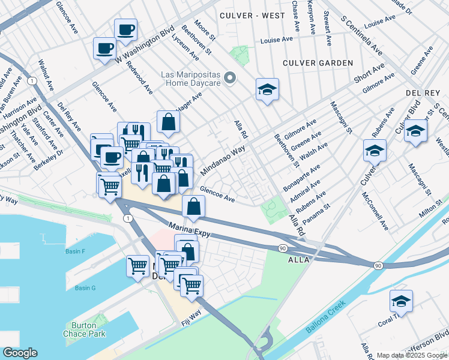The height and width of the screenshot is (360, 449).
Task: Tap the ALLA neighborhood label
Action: click(x=298, y=260)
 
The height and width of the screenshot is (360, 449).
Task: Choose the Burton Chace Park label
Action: click(x=79, y=330)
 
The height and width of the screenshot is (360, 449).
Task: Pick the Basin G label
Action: click(x=85, y=288)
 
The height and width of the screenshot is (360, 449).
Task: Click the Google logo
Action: click(x=19, y=353)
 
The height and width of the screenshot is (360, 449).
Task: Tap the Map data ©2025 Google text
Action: click(x=411, y=355)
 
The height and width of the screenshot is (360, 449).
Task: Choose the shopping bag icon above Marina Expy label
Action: click(x=193, y=207)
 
